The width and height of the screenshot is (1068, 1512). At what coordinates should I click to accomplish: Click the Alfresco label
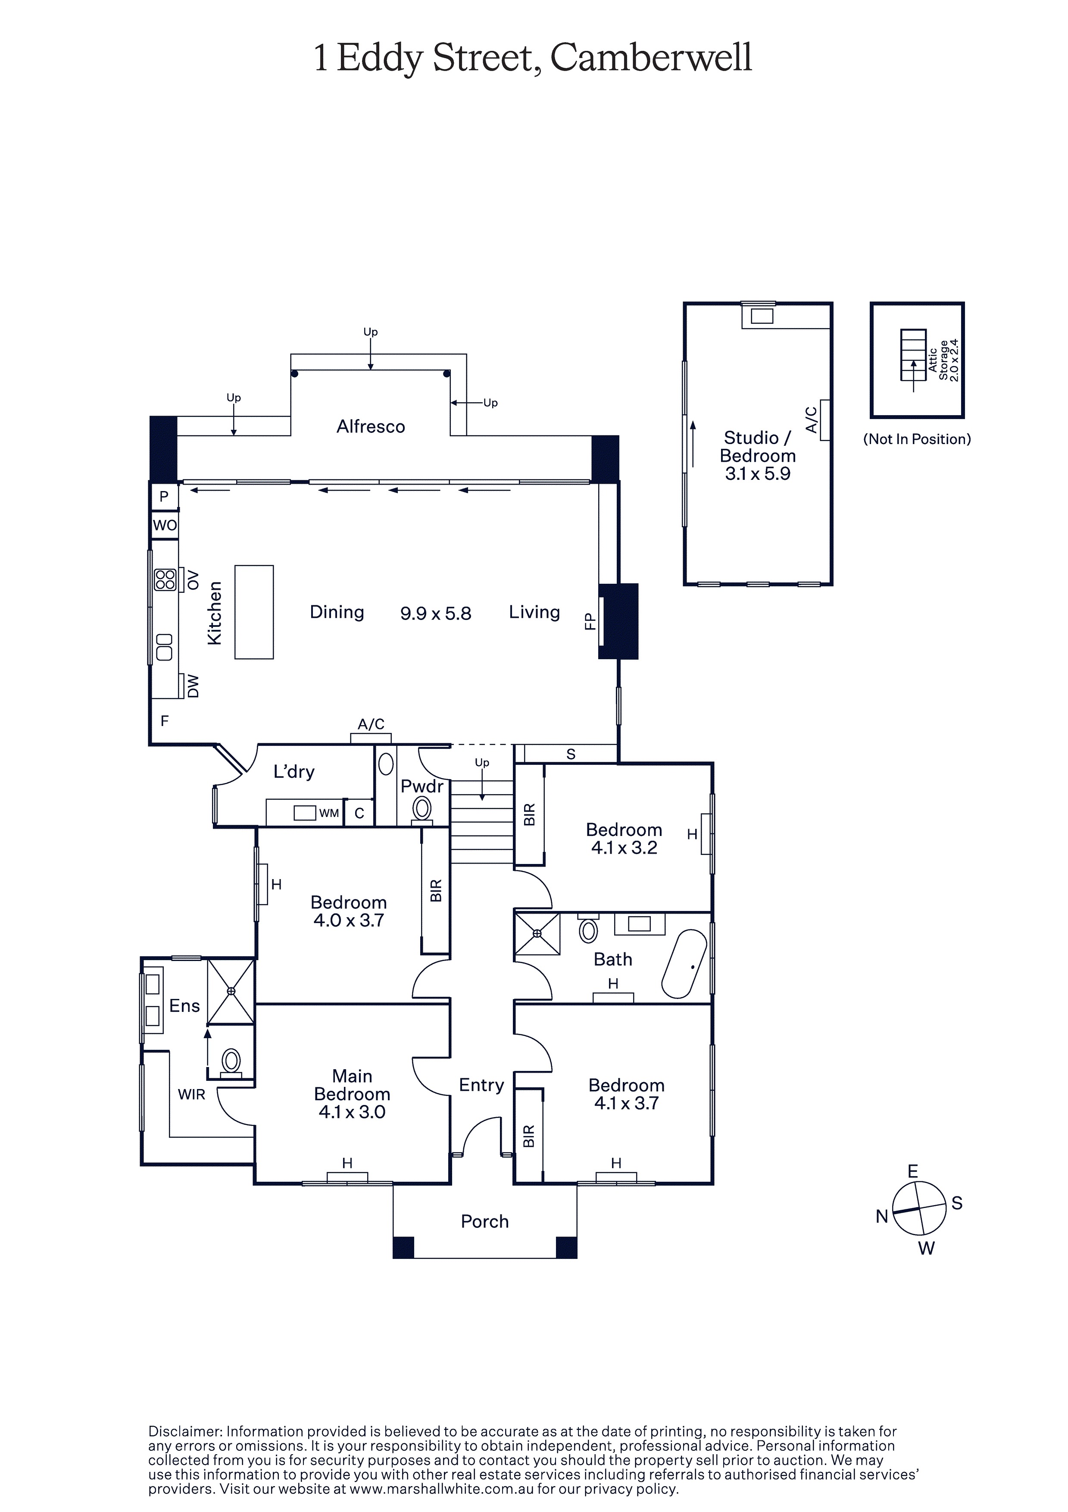(371, 427)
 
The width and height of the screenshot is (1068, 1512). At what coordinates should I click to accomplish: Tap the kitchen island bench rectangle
(254, 612)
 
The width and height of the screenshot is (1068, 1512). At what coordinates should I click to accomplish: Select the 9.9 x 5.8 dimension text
(435, 614)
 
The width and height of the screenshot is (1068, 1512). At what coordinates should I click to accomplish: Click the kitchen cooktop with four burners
(165, 579)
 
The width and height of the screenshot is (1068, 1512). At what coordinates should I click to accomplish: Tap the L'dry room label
(294, 771)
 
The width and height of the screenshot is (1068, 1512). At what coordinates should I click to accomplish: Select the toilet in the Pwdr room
(422, 808)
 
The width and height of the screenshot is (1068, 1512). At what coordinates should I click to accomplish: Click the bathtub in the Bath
(684, 964)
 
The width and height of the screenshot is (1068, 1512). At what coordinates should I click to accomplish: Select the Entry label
(481, 1085)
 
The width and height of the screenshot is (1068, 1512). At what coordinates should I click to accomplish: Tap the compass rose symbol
(919, 1208)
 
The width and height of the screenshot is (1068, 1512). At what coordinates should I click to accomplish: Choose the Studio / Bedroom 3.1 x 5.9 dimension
(757, 473)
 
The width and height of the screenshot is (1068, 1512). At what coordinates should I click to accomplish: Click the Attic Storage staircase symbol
(913, 356)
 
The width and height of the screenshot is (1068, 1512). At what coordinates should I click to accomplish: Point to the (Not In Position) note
(917, 439)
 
